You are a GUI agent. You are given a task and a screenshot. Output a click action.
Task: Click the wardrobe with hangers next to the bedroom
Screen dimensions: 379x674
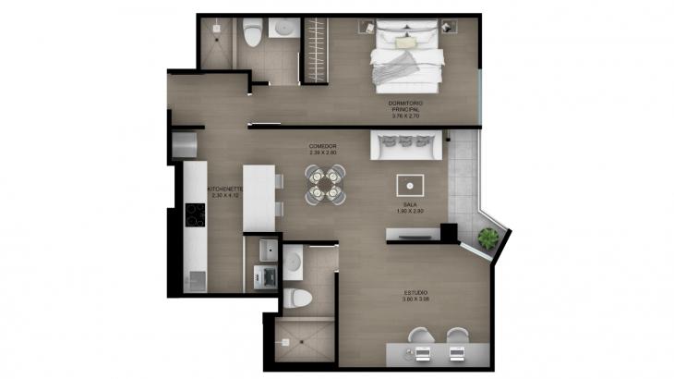(317, 51)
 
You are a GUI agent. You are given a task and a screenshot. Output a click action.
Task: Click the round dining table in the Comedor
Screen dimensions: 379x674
(325, 183)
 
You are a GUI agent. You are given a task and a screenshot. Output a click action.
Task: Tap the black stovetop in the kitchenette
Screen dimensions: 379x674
(195, 215)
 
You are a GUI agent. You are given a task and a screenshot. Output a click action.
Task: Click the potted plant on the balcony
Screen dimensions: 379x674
(488, 239)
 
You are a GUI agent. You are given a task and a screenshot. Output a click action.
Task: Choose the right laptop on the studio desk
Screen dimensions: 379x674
(455, 352)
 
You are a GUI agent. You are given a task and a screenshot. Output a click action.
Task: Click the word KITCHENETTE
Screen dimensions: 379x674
(225, 189)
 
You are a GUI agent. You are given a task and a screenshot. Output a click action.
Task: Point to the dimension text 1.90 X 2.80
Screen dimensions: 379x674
(413, 212)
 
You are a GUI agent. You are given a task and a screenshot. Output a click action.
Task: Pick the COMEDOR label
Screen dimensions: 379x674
(322, 146)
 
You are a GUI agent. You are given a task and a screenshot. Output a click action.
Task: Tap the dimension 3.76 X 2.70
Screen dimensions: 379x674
(405, 116)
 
